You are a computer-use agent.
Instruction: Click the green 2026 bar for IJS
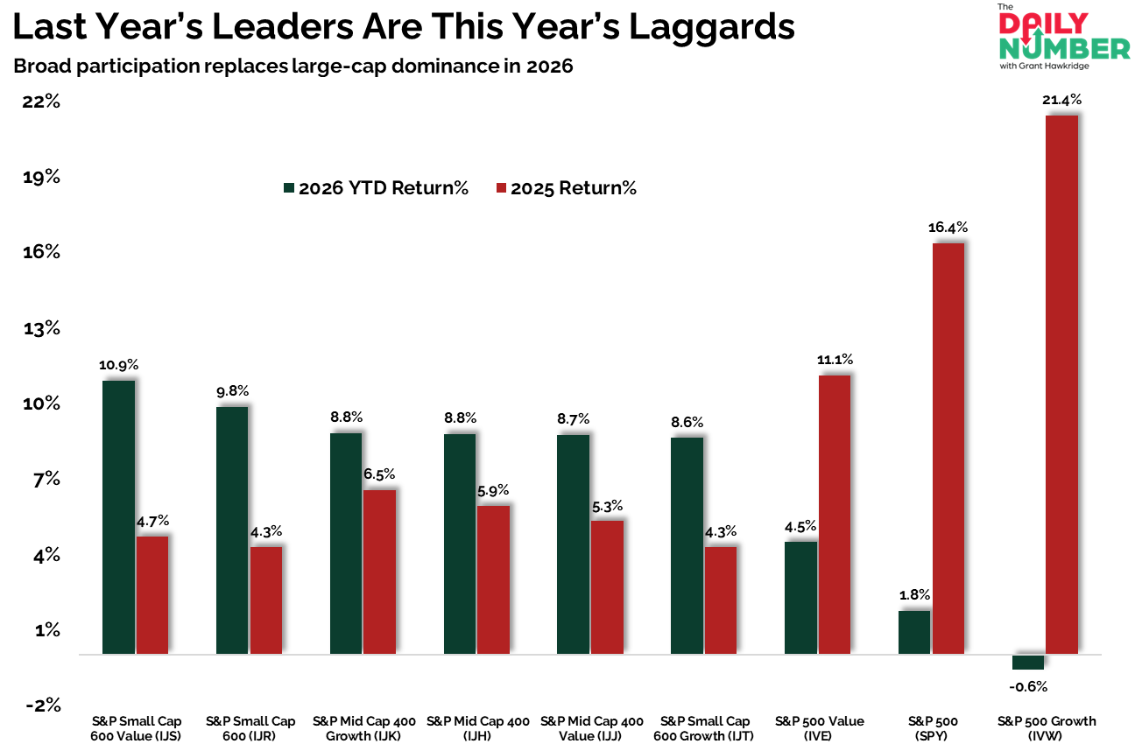coord(118,516)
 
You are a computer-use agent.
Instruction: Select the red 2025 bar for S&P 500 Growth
coord(1062,384)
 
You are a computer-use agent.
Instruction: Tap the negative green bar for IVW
coord(1028,662)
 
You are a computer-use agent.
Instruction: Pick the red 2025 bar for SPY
coord(948,448)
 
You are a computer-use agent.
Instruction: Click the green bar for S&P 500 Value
coord(800,598)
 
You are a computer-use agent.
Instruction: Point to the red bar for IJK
coord(379,572)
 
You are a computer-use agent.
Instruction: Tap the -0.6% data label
coord(1028,686)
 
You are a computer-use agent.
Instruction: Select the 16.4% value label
coord(948,228)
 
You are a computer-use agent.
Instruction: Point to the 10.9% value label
coord(119,365)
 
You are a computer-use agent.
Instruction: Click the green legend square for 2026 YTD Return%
coord(289,188)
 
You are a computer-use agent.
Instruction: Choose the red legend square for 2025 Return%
coord(501,188)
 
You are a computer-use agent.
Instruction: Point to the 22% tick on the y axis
coord(40,101)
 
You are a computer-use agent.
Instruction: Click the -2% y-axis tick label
coord(40,705)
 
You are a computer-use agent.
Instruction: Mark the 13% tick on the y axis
coord(40,328)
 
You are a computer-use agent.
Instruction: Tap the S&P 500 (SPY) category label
coord(934,728)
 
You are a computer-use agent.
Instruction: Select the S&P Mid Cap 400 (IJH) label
coord(478,728)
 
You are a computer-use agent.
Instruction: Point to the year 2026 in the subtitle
coord(549,67)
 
